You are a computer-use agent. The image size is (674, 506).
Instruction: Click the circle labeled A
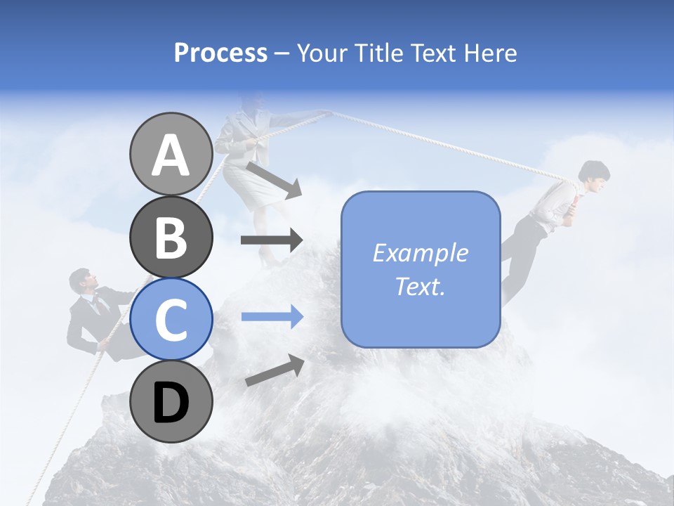coord(171,154)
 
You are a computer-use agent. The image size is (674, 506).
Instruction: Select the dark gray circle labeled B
coord(171,237)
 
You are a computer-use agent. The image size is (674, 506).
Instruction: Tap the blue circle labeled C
coord(171,319)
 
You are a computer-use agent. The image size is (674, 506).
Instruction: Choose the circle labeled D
coord(171,402)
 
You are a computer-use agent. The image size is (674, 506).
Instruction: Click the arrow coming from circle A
coord(275,180)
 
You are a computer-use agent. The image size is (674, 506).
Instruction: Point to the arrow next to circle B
coord(272,240)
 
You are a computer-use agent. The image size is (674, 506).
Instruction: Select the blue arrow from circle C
coord(272,317)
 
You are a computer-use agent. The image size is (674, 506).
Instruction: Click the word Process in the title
coord(220,53)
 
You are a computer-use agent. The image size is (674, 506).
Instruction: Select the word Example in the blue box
coord(420,253)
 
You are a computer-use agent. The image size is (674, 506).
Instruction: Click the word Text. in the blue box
coord(420,286)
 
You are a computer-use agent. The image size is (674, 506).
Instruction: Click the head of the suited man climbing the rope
coord(81,281)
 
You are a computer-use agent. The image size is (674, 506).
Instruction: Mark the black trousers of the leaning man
coord(517,253)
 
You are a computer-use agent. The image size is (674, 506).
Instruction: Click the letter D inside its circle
coord(171,403)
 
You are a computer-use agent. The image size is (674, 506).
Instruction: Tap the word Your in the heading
coord(322,53)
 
